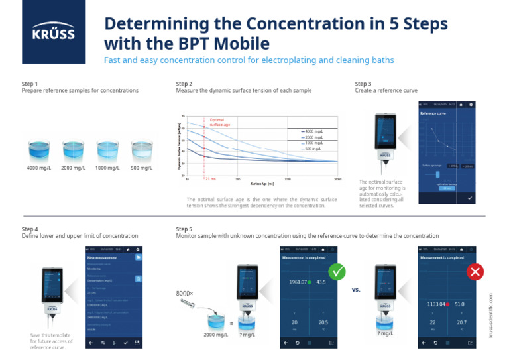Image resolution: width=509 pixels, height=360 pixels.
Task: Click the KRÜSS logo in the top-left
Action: coord(54,32)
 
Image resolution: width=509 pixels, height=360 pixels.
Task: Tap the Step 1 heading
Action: coord(30,84)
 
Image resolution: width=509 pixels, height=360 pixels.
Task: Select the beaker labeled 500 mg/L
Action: coord(141,150)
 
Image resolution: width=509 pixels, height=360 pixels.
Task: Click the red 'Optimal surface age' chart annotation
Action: coord(221,122)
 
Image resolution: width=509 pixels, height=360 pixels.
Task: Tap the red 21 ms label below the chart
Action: coord(210,179)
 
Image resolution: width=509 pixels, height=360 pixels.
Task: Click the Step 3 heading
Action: coord(363,84)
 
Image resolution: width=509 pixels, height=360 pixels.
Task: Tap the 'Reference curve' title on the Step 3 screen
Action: coord(433,113)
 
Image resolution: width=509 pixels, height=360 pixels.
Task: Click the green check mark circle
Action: coord(337,272)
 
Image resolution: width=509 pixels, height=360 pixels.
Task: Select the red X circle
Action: coord(475,272)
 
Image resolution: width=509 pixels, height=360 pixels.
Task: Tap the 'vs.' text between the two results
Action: coord(355,289)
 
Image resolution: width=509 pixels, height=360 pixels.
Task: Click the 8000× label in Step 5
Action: coord(184,292)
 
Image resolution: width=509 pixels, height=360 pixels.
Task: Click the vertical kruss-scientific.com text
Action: coord(491,316)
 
